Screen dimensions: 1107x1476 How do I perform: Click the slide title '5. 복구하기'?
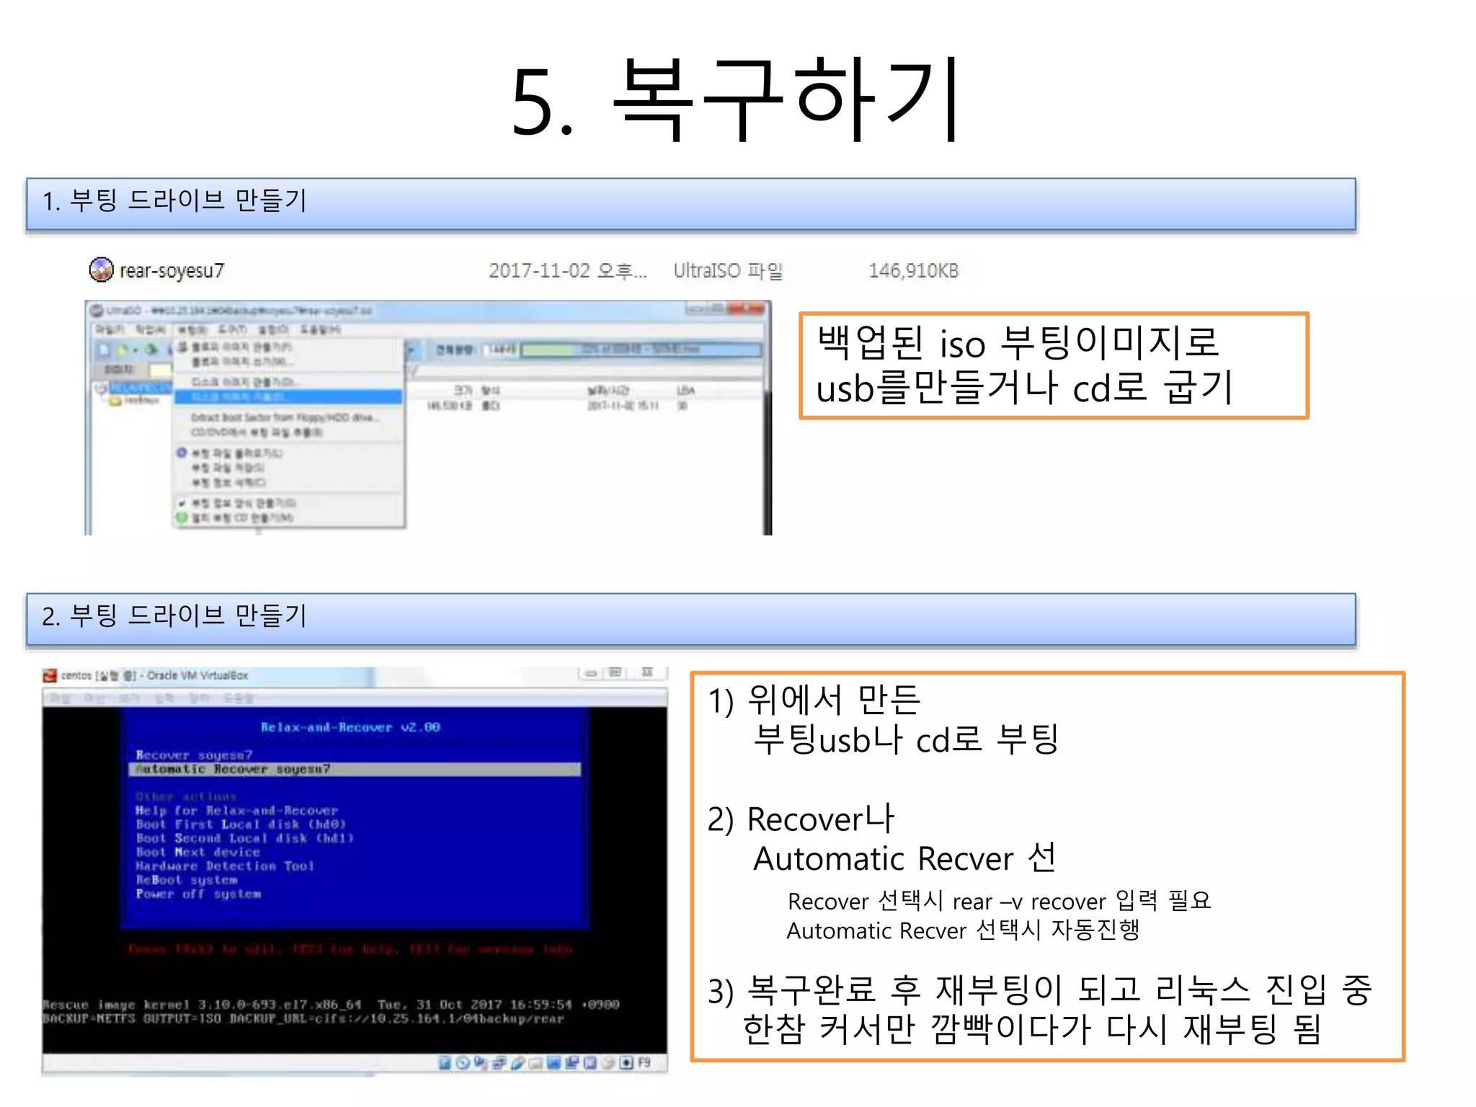point(735,101)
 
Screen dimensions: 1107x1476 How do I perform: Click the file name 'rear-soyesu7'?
point(172,271)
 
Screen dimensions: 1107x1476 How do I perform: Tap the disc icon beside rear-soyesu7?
point(101,270)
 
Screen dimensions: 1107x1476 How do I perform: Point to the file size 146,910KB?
point(913,271)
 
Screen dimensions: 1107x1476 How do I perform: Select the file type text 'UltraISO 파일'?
point(728,271)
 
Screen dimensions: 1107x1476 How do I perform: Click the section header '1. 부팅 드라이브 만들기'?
point(174,200)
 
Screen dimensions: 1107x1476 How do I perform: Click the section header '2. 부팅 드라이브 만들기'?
point(174,615)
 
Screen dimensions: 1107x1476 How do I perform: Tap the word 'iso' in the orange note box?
point(962,344)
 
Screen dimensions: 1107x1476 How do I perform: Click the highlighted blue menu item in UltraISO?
point(288,397)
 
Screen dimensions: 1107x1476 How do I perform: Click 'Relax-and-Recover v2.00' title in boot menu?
point(350,727)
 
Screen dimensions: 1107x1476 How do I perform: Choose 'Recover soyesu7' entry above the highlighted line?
point(195,755)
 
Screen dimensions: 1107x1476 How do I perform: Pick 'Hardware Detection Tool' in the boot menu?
point(225,866)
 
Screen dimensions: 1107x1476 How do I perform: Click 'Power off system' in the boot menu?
point(199,894)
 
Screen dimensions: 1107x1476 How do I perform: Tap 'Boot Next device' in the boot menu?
point(197,852)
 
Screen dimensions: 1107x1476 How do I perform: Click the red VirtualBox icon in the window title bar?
point(50,675)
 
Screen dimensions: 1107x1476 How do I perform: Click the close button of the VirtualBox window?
point(647,672)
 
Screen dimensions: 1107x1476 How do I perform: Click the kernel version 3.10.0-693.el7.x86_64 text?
point(280,1005)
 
